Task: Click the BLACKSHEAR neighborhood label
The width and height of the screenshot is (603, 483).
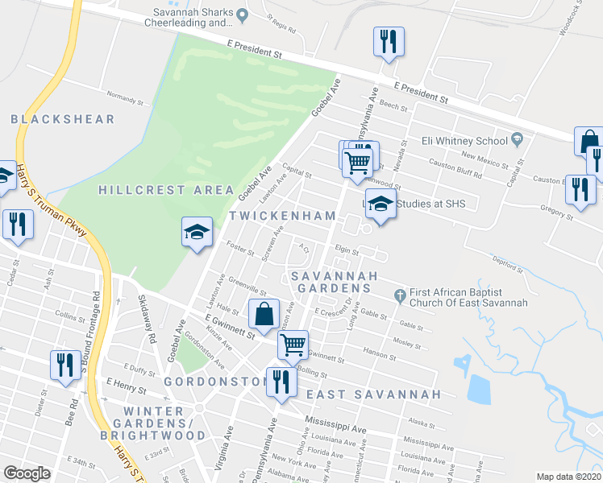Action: coord(63,119)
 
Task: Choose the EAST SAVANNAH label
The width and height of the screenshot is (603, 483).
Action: coord(374,394)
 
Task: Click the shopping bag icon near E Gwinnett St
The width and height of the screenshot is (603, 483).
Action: coord(264,315)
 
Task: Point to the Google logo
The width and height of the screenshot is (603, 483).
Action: coord(27,473)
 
